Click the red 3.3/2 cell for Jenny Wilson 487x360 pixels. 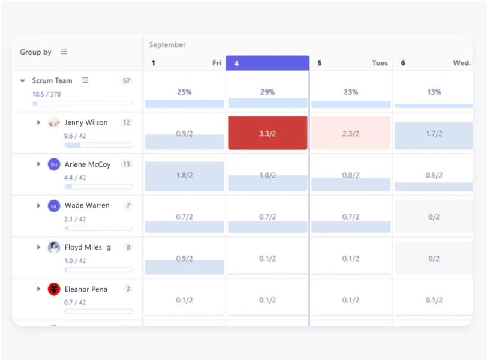click(267, 133)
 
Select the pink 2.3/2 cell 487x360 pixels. click(351, 133)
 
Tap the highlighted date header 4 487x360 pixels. click(267, 63)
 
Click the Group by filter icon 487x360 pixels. click(64, 52)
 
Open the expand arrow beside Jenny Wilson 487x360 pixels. click(38, 122)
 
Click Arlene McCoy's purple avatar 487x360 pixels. click(54, 164)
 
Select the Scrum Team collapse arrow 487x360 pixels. click(23, 80)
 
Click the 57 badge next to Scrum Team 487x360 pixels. click(126, 80)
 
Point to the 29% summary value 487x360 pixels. click(267, 92)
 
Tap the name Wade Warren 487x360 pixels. click(87, 205)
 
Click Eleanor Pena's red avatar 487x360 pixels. click(54, 289)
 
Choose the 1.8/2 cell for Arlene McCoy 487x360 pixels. click(184, 175)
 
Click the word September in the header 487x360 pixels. click(167, 45)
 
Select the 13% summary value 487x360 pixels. click(434, 92)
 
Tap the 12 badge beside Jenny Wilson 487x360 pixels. click(126, 122)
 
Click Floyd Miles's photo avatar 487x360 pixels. click(54, 247)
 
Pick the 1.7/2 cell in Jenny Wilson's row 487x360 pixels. click(434, 133)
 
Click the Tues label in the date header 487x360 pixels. click(380, 63)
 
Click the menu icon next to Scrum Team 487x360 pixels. click(85, 80)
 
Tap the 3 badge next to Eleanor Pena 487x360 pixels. click(128, 289)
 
